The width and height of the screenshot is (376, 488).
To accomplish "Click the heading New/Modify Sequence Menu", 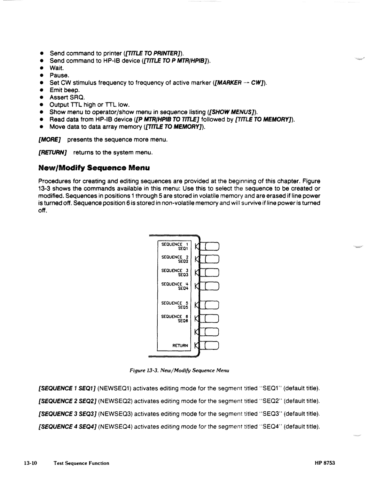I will click(94, 168).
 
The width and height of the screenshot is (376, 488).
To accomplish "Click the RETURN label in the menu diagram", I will click(180, 346).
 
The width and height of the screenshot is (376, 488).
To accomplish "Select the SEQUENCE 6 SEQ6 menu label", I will click(174, 319).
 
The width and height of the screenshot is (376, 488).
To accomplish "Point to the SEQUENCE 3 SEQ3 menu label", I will click(174, 273).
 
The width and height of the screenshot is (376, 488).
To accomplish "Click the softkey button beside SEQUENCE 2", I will click(212, 259).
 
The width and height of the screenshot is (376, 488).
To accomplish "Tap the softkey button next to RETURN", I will click(212, 346).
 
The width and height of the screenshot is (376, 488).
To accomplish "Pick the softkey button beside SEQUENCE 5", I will click(212, 305).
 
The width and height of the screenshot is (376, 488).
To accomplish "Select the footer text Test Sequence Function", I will click(81, 463).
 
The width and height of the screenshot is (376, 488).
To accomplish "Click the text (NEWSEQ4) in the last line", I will click(115, 427).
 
